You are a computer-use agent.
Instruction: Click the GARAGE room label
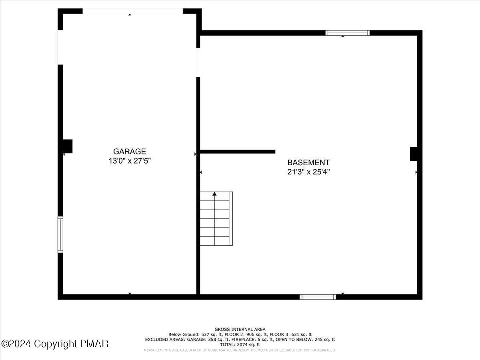point(130,152)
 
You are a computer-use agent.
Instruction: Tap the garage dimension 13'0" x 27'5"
point(130,161)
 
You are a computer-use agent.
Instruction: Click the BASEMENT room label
point(308,163)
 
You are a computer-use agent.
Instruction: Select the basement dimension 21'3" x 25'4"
point(308,172)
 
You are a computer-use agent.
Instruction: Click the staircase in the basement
point(216,219)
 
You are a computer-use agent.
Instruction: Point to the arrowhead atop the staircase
point(214,194)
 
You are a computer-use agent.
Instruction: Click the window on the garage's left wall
point(60,234)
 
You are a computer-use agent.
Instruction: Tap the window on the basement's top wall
point(347,33)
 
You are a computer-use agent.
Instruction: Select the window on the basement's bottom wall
point(318,297)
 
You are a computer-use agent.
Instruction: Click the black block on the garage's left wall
point(67,146)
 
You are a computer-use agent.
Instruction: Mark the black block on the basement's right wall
point(414,154)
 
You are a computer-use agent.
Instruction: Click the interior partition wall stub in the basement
point(238,152)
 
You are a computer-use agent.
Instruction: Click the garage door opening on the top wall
point(132,11)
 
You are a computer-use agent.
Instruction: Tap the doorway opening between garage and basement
point(198,62)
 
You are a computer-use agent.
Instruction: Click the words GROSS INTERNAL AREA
point(240,330)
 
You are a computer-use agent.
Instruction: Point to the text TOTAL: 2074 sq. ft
point(240,344)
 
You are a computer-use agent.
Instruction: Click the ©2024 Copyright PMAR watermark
point(55,344)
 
